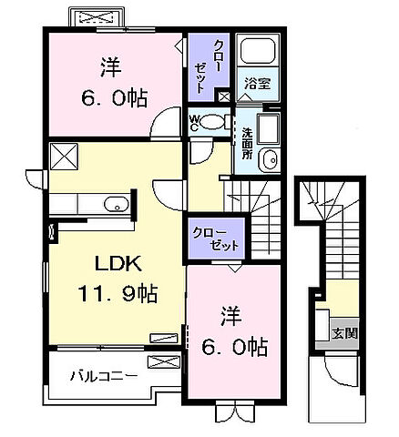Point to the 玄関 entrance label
[344, 333]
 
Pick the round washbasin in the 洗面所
[268, 161]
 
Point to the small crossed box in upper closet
[223, 96]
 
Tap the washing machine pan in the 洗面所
[270, 128]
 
